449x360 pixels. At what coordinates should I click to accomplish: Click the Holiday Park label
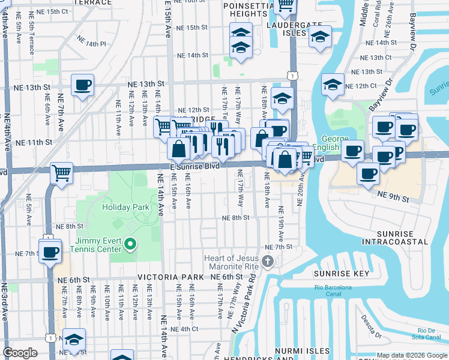(x=125, y=207)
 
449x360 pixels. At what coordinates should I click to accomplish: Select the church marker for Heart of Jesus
(x=268, y=261)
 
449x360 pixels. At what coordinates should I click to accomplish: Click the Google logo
(x=20, y=353)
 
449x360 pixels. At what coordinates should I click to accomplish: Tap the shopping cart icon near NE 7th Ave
(x=61, y=173)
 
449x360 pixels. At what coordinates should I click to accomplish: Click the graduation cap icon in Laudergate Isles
(x=320, y=36)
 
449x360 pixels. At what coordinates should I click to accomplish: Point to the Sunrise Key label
(x=333, y=274)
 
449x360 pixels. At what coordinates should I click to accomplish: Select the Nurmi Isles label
(x=302, y=350)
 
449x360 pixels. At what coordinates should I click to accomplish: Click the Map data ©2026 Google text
(x=412, y=355)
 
